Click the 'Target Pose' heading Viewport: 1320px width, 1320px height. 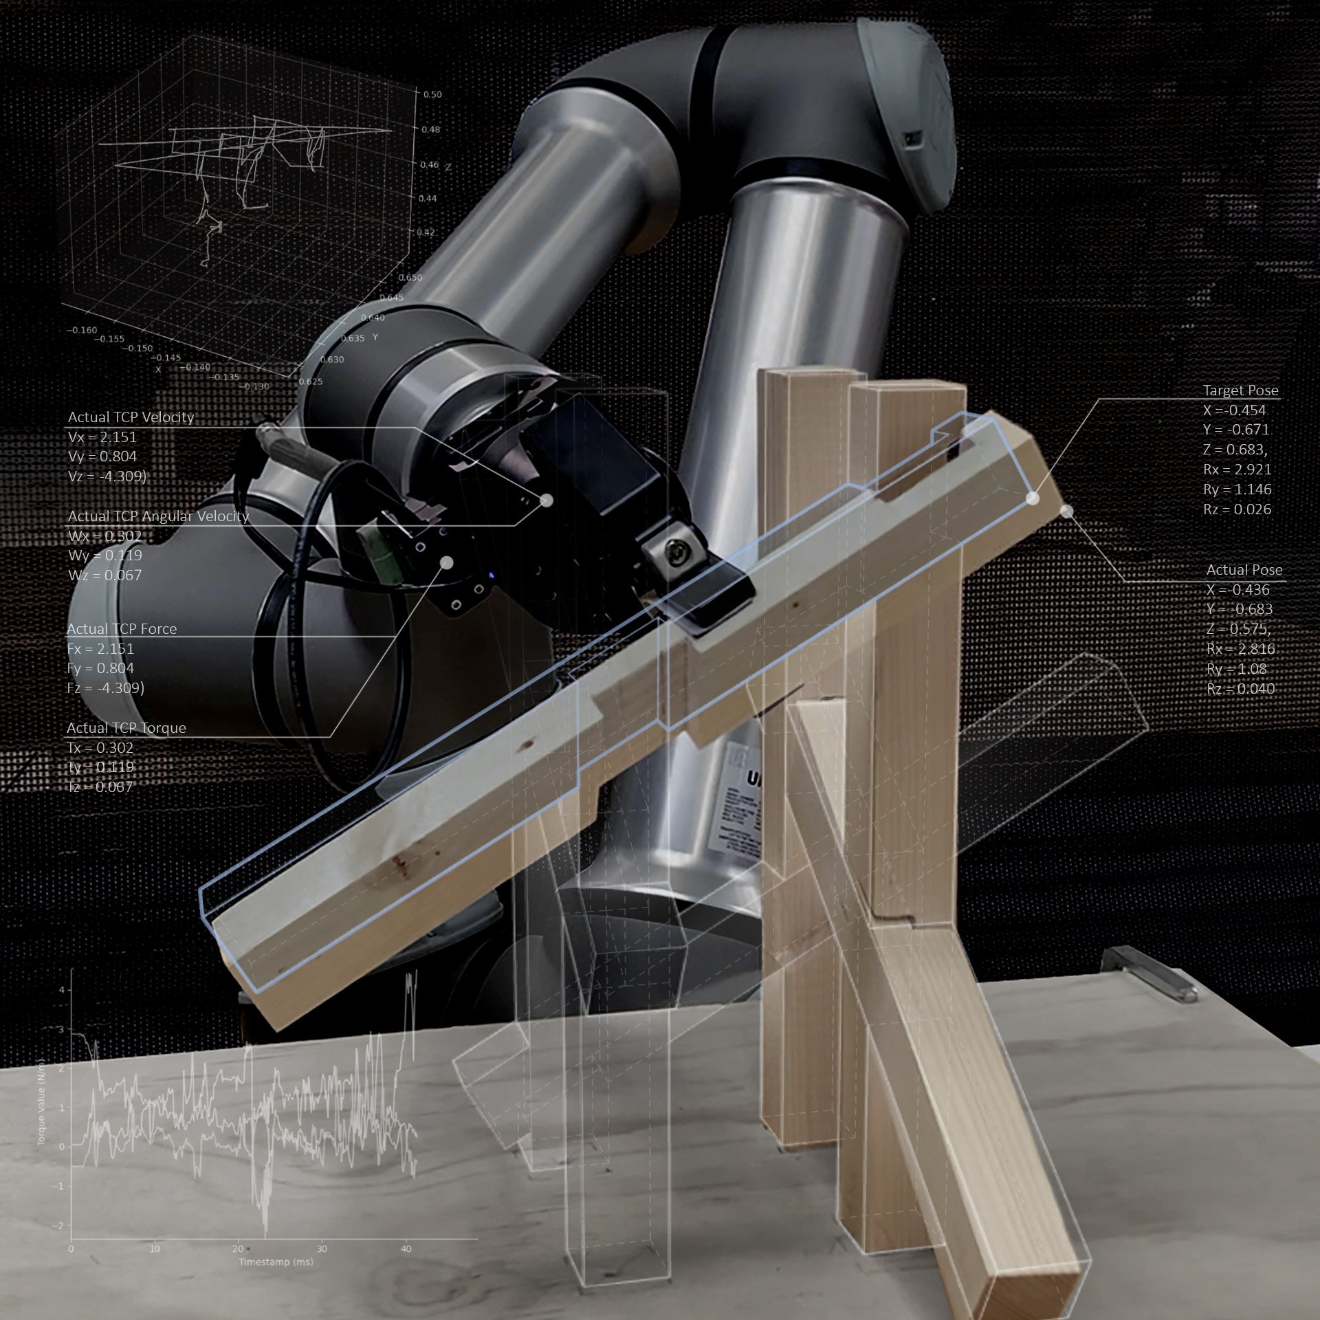point(1240,390)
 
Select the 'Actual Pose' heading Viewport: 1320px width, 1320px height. point(1244,570)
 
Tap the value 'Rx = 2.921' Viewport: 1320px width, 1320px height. point(1237,470)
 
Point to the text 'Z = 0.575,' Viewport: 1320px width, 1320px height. point(1238,629)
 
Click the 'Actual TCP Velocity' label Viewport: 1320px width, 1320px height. point(131,417)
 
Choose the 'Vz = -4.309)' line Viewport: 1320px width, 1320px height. point(107,476)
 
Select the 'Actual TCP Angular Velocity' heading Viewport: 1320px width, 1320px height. point(158,516)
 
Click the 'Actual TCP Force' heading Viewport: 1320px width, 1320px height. point(122,629)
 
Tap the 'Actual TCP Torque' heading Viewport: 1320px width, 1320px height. point(126,728)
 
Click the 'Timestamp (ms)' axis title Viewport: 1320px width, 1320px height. point(276,1262)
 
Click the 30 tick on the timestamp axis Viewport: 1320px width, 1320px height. point(322,1248)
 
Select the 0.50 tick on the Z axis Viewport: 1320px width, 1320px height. point(432,95)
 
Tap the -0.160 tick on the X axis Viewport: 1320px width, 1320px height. point(82,330)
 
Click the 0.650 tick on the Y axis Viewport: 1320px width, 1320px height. point(410,278)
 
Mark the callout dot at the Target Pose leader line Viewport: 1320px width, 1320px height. point(1032,499)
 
